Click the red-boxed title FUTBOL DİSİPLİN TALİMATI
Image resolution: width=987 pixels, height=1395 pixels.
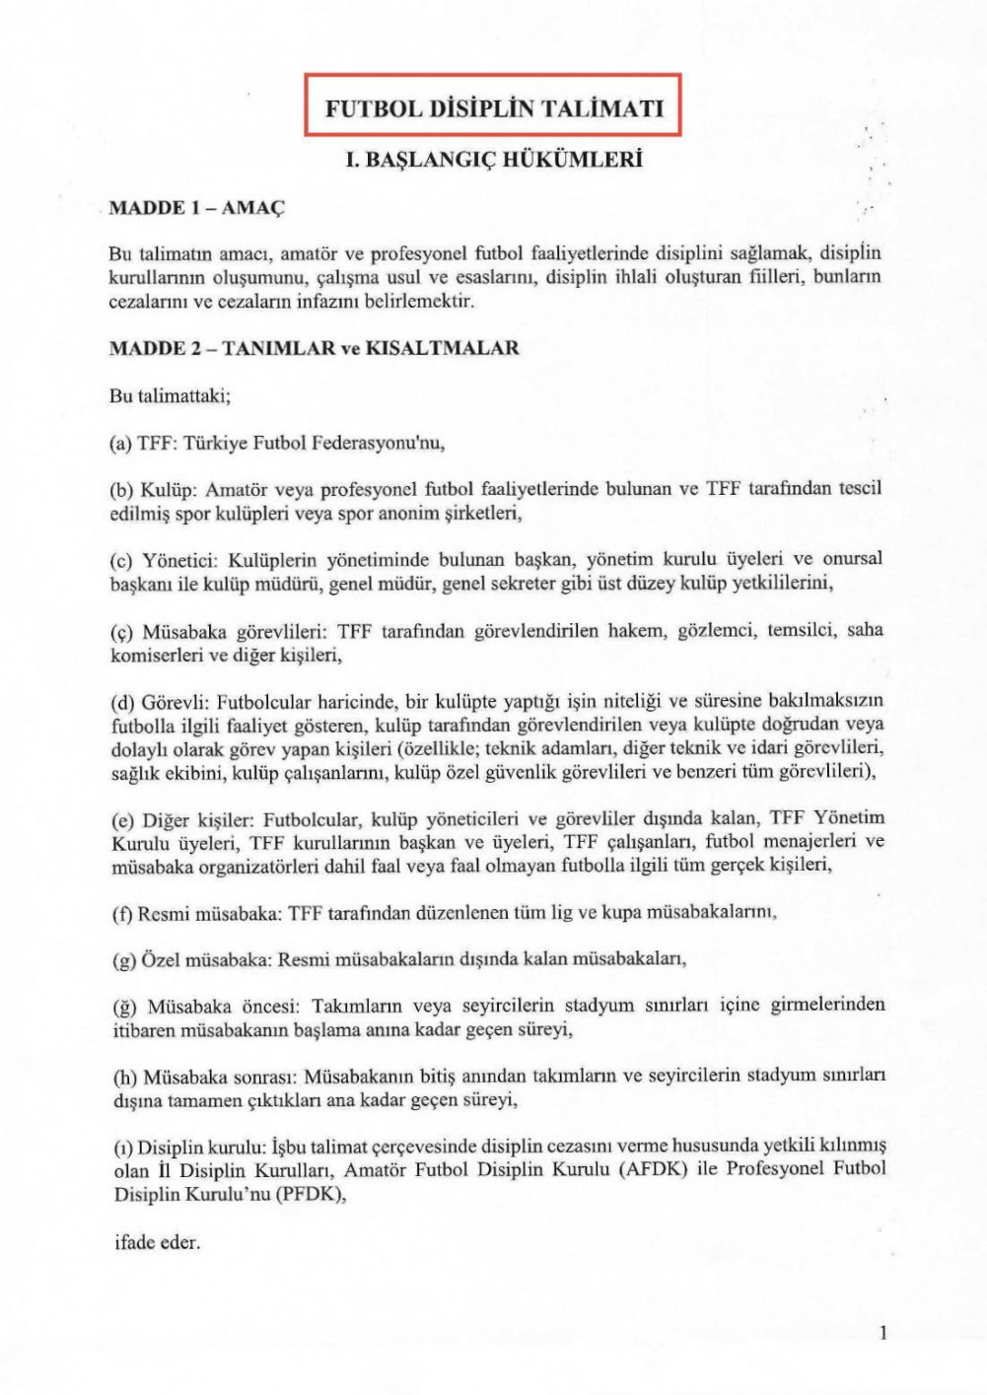[494, 107]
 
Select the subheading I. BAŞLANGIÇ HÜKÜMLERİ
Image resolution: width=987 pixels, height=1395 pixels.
[494, 159]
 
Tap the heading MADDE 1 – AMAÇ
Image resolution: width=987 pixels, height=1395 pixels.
[196, 208]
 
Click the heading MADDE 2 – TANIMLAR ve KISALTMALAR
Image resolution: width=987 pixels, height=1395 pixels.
[314, 348]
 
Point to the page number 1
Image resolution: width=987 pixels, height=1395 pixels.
[882, 1333]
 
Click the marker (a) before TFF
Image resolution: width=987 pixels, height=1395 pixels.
[120, 444]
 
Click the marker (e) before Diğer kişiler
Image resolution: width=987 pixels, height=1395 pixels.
[121, 819]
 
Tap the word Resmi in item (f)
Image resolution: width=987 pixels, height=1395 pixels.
[164, 913]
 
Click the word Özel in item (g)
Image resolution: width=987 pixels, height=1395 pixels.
[161, 959]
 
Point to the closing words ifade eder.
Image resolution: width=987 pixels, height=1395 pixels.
[157, 1242]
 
